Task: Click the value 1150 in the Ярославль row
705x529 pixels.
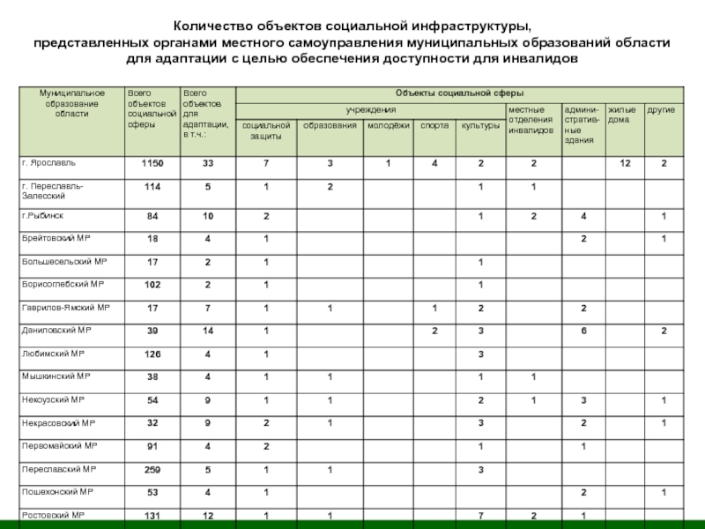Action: click(x=152, y=164)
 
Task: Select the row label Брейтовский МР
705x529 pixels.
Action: click(x=56, y=239)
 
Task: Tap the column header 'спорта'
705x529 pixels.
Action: click(x=434, y=126)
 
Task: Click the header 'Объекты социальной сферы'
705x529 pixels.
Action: click(x=459, y=93)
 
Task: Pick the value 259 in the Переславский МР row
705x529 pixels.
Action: click(x=152, y=469)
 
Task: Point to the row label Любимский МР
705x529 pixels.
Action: click(x=48, y=354)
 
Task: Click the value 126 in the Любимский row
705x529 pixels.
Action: click(x=152, y=354)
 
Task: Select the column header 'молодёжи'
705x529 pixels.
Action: click(x=389, y=126)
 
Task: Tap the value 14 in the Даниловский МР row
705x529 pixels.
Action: click(x=208, y=332)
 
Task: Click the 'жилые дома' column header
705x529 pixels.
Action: click(x=621, y=114)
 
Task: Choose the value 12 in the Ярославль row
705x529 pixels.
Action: click(x=625, y=164)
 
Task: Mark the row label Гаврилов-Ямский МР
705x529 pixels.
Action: click(x=65, y=308)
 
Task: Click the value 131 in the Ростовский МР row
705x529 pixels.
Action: click(x=152, y=515)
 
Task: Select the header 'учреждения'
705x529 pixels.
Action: click(x=370, y=109)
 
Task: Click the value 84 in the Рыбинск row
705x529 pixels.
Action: click(x=152, y=217)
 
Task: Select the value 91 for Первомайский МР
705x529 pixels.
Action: click(x=152, y=446)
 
